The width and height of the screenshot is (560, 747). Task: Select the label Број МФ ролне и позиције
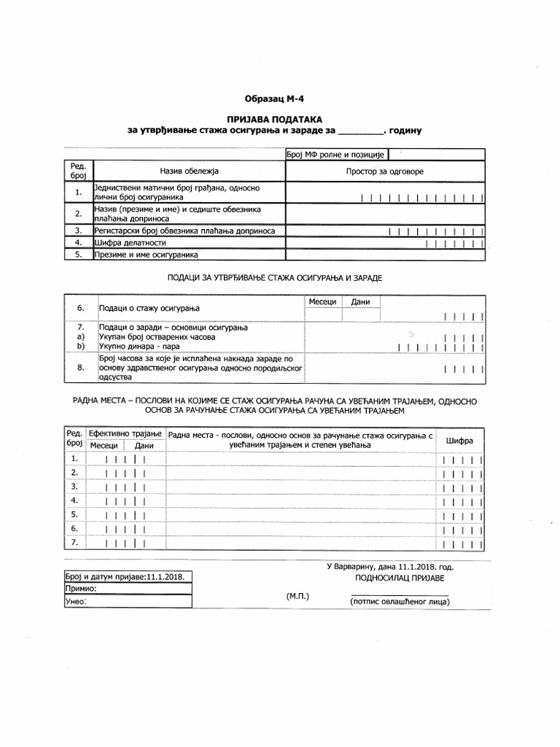pyautogui.click(x=335, y=154)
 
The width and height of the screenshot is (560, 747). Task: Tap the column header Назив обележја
pyautogui.click(x=189, y=171)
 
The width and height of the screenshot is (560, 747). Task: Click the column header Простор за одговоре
pyautogui.click(x=384, y=171)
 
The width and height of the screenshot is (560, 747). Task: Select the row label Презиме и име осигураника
pyautogui.click(x=146, y=255)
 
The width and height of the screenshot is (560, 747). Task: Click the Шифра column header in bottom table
pyautogui.click(x=459, y=441)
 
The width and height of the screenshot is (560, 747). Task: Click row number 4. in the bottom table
pyautogui.click(x=74, y=500)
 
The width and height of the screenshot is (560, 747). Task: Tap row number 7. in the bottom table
pyautogui.click(x=74, y=542)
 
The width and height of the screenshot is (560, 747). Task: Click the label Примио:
pyautogui.click(x=81, y=588)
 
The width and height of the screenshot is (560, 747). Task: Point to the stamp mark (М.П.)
pyautogui.click(x=298, y=596)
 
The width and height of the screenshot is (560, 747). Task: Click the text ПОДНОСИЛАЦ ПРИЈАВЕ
pyautogui.click(x=399, y=578)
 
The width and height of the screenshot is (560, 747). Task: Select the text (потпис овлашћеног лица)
pyautogui.click(x=399, y=602)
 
